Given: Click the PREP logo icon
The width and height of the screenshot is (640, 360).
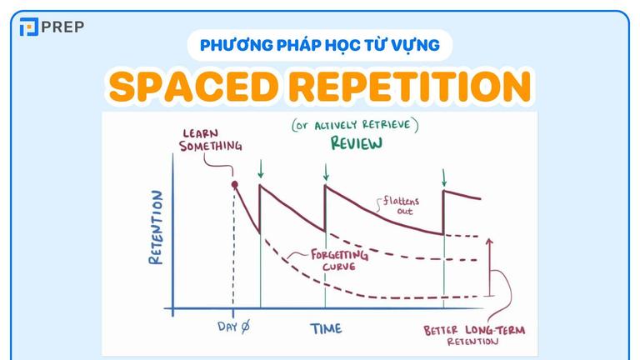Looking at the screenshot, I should [x=29, y=27].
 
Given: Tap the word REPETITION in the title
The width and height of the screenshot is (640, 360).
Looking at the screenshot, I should [x=409, y=86].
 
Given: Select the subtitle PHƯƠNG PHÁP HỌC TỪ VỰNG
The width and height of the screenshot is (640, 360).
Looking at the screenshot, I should [x=320, y=44].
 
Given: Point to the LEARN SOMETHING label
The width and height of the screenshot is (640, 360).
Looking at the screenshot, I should [x=214, y=139].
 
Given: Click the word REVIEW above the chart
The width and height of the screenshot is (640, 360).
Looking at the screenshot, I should [x=356, y=143].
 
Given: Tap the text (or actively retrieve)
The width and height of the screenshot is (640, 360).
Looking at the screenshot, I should [x=355, y=125].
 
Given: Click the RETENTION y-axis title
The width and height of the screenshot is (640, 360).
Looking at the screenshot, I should [x=156, y=227].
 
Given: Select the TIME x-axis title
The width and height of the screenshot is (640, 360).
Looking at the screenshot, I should [x=326, y=328].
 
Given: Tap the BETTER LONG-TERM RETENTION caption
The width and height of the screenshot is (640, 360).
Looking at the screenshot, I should [x=474, y=335].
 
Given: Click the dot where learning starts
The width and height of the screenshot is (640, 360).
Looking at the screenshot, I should [x=235, y=184].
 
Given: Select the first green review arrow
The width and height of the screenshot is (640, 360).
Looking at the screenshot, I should [x=261, y=172].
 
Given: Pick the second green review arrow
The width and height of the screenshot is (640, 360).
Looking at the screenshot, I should [x=326, y=172].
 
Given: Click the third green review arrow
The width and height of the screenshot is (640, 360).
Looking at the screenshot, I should [x=443, y=177].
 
